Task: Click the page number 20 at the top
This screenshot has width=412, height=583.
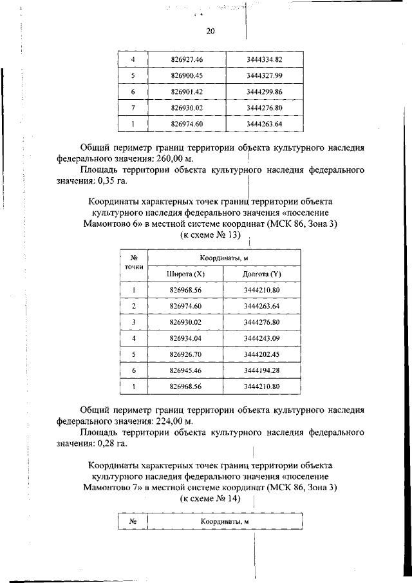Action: [211, 32]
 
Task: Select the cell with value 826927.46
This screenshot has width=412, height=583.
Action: [187, 60]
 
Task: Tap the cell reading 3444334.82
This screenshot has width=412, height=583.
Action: [264, 60]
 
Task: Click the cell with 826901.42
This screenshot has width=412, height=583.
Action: [187, 92]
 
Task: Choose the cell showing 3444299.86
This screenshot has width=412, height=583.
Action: [264, 92]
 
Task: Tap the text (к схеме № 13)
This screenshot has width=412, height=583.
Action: [210, 235]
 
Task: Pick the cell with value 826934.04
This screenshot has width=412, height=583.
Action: [186, 338]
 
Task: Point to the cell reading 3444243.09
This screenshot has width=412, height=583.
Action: [262, 338]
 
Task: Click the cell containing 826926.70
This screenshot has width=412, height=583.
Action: [186, 354]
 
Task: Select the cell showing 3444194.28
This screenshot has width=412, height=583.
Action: [262, 370]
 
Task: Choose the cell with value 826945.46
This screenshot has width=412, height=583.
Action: [186, 370]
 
